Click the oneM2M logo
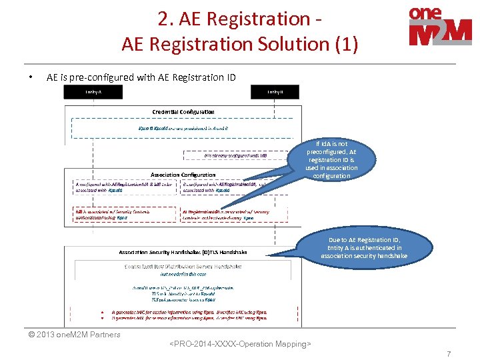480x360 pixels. tap(440, 27)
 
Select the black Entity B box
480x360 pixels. tap(275, 91)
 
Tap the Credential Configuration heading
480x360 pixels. tap(183, 111)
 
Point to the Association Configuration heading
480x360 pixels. tap(183, 175)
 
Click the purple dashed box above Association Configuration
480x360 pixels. tap(227, 155)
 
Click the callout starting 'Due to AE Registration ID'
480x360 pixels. tap(363, 247)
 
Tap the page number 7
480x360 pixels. tap(449, 354)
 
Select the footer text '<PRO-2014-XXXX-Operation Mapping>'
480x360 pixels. tap(240, 344)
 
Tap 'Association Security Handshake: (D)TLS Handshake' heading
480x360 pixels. tap(183, 252)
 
